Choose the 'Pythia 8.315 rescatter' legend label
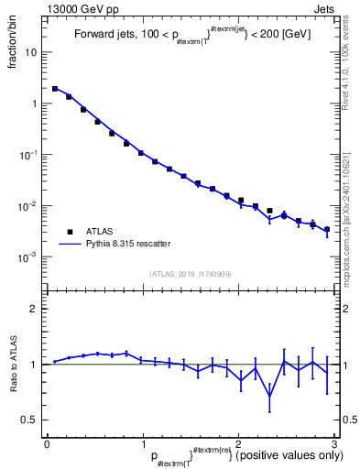click(x=130, y=244)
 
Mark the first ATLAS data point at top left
click(x=55, y=89)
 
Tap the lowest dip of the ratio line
click(x=269, y=397)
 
